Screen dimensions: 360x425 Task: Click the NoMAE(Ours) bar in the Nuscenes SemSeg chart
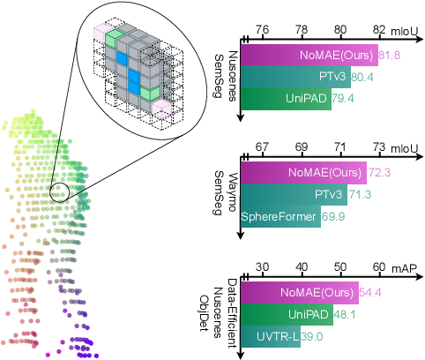click(x=309, y=56)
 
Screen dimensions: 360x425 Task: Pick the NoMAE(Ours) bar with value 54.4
click(x=299, y=292)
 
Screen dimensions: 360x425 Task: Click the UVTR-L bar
click(x=270, y=334)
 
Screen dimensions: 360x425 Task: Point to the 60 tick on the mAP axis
click(x=379, y=266)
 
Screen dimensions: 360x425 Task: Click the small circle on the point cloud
click(x=61, y=189)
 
